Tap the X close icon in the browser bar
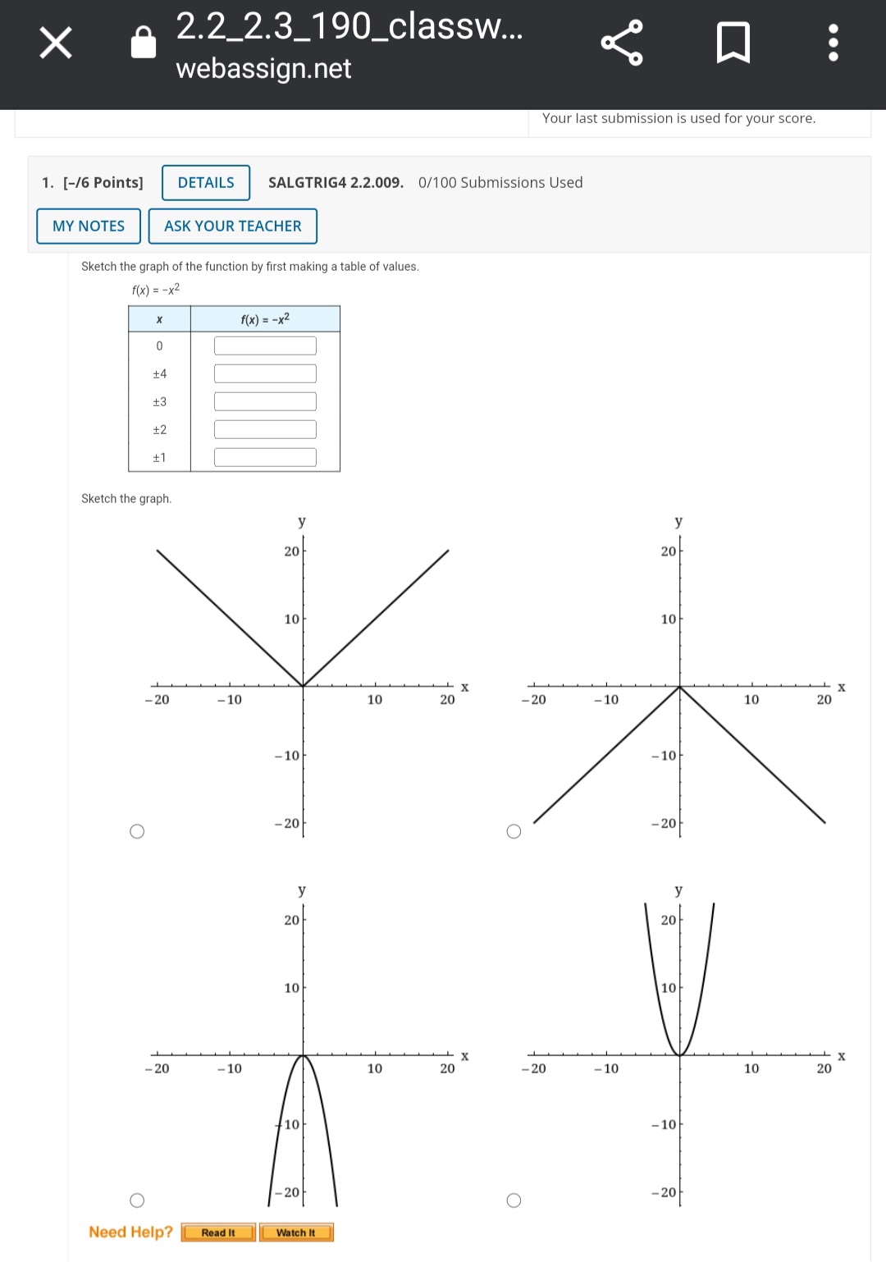pyautogui.click(x=56, y=42)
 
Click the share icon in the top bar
pyautogui.click(x=622, y=43)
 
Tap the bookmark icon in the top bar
pyautogui.click(x=733, y=42)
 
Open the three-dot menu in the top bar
pyautogui.click(x=833, y=42)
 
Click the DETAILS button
pyautogui.click(x=206, y=182)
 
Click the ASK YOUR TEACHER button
pyautogui.click(x=233, y=226)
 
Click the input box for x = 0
pyautogui.click(x=265, y=346)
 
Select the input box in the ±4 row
pyautogui.click(x=265, y=373)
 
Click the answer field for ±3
pyautogui.click(x=265, y=402)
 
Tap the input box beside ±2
pyautogui.click(x=265, y=429)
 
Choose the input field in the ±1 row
pyautogui.click(x=265, y=458)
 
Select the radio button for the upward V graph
pyautogui.click(x=137, y=831)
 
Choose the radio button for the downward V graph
pyautogui.click(x=514, y=831)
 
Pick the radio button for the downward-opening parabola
pyautogui.click(x=137, y=1200)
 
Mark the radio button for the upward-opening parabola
pyautogui.click(x=514, y=1200)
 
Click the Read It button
pyautogui.click(x=218, y=1232)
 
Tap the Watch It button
pyautogui.click(x=296, y=1232)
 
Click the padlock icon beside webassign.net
pyautogui.click(x=143, y=42)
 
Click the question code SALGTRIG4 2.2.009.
pyautogui.click(x=336, y=182)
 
